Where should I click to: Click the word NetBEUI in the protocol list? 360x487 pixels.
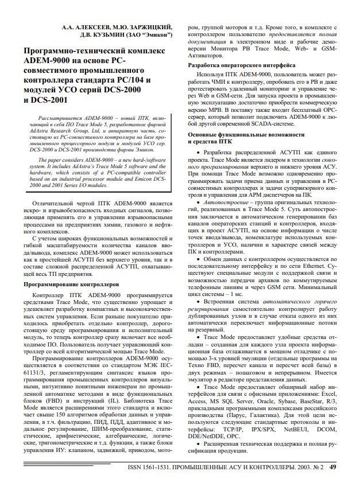[x=297, y=428]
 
